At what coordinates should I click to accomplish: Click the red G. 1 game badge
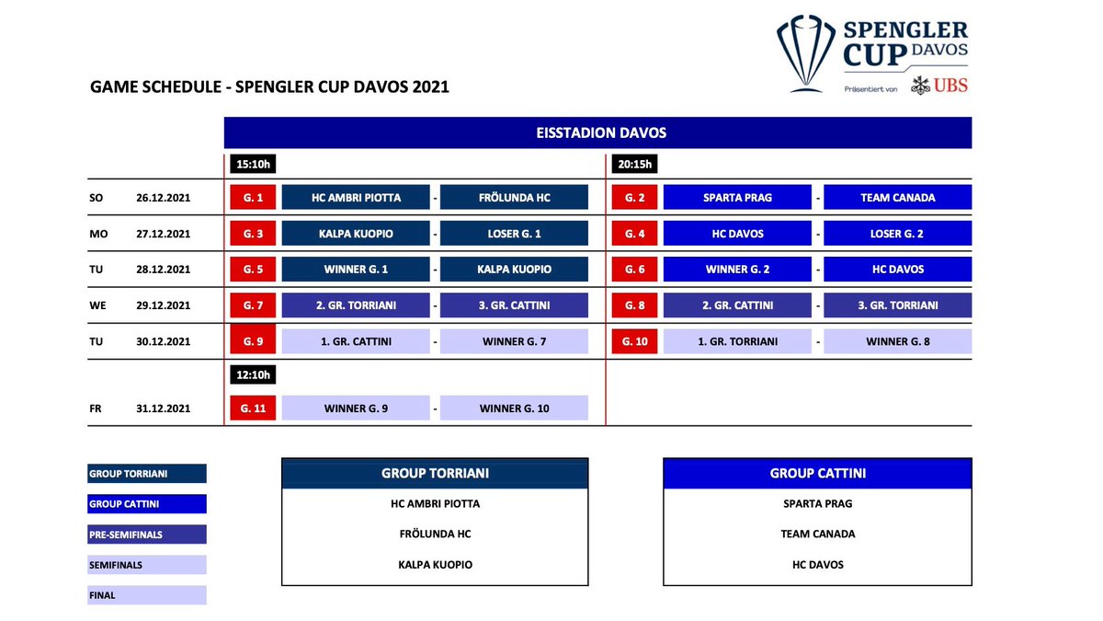[x=253, y=197]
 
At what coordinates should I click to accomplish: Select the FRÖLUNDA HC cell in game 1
[x=514, y=197]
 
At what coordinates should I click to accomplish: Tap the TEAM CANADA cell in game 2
[x=898, y=197]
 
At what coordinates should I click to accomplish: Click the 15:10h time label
[x=253, y=164]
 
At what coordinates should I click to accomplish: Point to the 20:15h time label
[x=634, y=164]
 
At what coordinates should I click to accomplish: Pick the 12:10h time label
[x=253, y=375]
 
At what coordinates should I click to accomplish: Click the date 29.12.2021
[x=163, y=305]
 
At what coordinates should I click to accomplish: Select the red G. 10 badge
[x=634, y=341]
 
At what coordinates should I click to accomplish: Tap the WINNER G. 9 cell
[x=356, y=408]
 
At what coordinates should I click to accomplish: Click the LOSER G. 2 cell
[x=898, y=234]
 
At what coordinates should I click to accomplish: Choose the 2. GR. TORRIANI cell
[x=356, y=305]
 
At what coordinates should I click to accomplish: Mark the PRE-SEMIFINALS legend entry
[x=147, y=535]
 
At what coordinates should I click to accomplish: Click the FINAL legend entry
[x=147, y=595]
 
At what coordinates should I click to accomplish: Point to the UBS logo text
[x=950, y=86]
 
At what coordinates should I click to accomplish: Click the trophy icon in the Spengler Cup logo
[x=805, y=53]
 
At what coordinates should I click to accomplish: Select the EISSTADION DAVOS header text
[x=601, y=132]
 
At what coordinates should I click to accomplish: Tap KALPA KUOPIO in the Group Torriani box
[x=436, y=565]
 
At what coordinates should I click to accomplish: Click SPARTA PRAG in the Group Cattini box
[x=817, y=504]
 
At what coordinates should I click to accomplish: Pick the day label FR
[x=96, y=408]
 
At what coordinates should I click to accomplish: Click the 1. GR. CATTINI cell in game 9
[x=356, y=341]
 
